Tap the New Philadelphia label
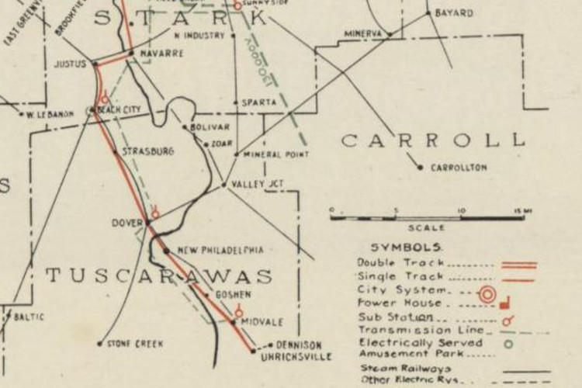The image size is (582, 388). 220,250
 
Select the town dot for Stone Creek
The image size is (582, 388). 99,343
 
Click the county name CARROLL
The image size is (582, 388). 433,140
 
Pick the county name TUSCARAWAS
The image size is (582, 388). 159,276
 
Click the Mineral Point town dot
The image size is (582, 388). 237,154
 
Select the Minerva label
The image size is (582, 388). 363,34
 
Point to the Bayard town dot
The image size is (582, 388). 428,13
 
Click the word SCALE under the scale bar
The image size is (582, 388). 427,228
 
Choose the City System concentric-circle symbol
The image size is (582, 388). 487,294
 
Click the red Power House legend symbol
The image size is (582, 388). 504,306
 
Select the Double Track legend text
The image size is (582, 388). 389,262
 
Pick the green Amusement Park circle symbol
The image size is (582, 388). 508,341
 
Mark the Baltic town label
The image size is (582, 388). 29,317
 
